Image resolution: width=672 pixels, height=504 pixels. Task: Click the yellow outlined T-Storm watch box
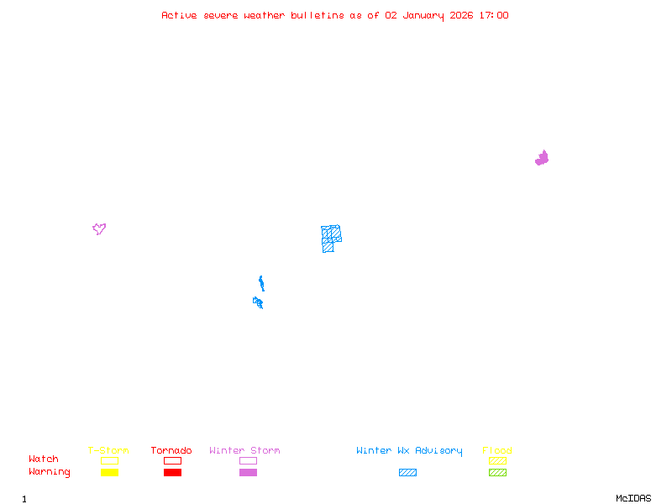[109, 460]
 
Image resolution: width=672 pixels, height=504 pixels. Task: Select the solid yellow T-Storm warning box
[109, 472]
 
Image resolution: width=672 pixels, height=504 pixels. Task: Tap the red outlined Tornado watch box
[172, 460]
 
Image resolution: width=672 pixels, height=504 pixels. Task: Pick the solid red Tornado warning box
[172, 472]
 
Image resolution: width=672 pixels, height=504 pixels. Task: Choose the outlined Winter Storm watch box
[248, 460]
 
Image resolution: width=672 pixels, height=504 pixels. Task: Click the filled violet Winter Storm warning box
[248, 472]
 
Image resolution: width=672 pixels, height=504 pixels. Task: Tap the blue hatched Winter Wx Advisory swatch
[407, 472]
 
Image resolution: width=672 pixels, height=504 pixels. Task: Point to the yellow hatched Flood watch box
[497, 460]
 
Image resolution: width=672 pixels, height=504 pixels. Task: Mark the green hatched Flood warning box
[497, 472]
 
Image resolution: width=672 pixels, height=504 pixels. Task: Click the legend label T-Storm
[108, 450]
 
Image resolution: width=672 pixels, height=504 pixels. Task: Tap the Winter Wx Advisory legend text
[409, 450]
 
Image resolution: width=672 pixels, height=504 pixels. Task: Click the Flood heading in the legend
[497, 450]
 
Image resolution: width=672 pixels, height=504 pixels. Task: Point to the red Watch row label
[44, 459]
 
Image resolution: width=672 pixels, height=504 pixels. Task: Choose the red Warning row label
[50, 472]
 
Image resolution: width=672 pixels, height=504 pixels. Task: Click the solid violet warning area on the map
[542, 158]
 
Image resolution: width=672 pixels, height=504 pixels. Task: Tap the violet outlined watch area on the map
[99, 228]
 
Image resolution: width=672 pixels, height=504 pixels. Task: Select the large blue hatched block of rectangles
[330, 237]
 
